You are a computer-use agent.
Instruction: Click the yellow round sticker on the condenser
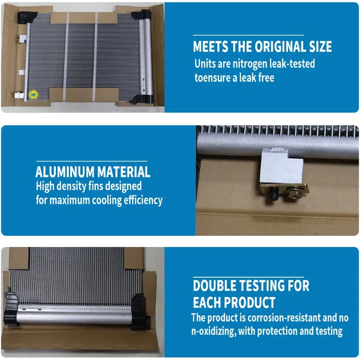33,94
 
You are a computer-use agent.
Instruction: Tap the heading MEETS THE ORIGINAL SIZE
262,46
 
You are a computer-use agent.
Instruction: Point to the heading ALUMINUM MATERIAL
93,172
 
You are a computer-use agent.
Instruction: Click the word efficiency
143,200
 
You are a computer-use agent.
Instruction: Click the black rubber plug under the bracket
275,193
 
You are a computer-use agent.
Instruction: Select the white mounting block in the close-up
282,165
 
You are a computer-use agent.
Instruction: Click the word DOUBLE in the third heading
215,286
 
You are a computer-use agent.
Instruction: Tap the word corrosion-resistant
284,318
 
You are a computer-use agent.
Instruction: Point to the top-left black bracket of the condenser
27,17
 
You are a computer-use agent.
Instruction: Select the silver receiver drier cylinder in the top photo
147,57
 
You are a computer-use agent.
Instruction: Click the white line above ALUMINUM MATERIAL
92,162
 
